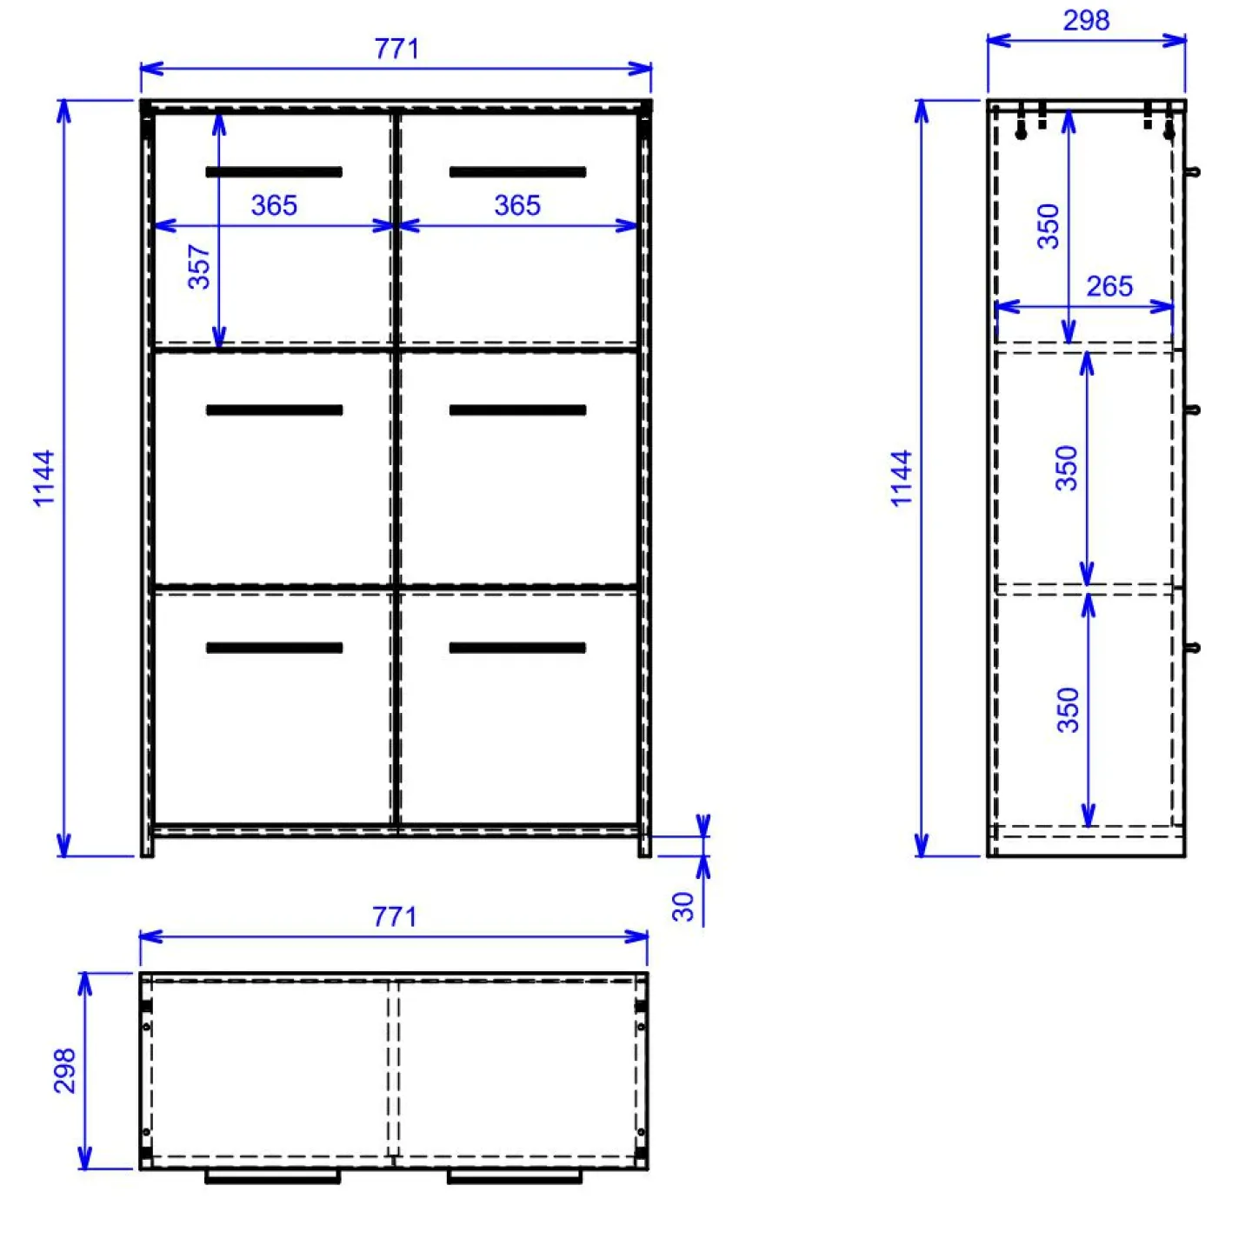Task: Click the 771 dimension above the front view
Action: (396, 50)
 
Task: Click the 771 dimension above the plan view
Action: (395, 916)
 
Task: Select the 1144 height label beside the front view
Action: (43, 478)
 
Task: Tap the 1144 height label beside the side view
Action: (901, 478)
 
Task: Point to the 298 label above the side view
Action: (1086, 21)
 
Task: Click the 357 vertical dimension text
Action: (199, 266)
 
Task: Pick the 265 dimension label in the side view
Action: (1109, 287)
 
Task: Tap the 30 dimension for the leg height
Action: (683, 906)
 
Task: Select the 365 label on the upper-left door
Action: (274, 206)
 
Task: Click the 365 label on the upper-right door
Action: (517, 206)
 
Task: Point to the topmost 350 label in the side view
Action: (1049, 226)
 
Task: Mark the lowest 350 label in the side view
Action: (1069, 710)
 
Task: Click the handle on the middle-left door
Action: (274, 410)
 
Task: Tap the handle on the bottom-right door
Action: (517, 648)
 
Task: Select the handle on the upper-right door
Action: (517, 172)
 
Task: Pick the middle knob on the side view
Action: (1193, 410)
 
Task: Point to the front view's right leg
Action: (644, 847)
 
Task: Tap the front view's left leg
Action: (148, 847)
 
